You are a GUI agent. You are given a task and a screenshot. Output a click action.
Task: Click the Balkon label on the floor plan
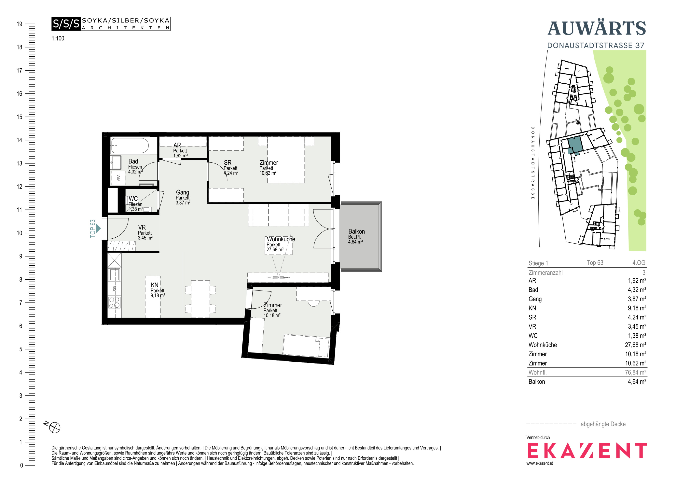pyautogui.click(x=356, y=231)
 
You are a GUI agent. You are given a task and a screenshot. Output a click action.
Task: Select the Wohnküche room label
pyautogui.click(x=281, y=239)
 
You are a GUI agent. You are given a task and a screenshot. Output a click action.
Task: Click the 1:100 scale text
pyautogui.click(x=58, y=38)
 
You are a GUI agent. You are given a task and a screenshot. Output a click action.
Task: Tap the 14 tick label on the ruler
pyautogui.click(x=20, y=140)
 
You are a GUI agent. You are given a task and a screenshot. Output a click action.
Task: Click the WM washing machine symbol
pyautogui.click(x=118, y=178)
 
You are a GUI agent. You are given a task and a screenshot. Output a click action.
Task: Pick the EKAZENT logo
pyautogui.click(x=587, y=450)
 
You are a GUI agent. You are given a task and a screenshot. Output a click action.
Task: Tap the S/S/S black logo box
pyautogui.click(x=66, y=24)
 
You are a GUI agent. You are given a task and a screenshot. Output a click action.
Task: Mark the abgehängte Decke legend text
pyautogui.click(x=603, y=424)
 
